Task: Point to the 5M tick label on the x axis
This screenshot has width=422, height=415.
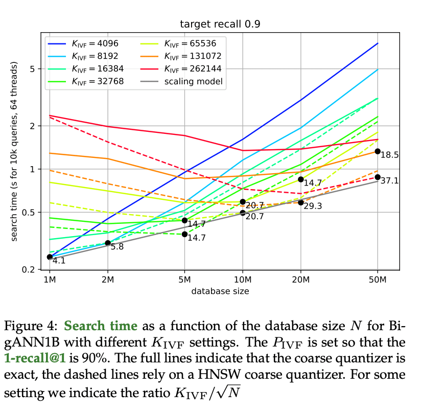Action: point(184,280)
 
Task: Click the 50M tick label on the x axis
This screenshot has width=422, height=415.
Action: point(377,280)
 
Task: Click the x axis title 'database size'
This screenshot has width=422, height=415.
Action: point(220,291)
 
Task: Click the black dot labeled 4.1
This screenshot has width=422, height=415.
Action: point(50,257)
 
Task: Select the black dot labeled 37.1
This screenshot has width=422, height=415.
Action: point(378,177)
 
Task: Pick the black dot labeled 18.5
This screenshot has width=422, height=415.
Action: point(378,151)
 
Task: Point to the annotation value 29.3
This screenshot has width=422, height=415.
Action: point(313,206)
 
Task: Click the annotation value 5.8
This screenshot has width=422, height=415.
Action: point(117,246)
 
